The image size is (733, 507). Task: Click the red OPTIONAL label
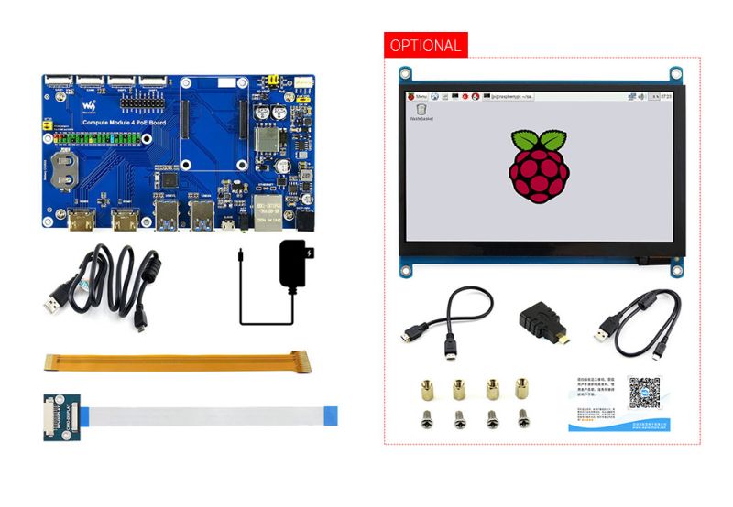(425, 45)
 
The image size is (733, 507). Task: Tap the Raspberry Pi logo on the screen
(538, 165)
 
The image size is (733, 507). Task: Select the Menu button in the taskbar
(418, 96)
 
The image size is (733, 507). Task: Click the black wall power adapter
(296, 264)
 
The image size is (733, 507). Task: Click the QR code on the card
(643, 393)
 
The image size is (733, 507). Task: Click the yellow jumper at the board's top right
(272, 80)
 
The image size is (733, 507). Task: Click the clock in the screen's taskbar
(666, 96)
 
